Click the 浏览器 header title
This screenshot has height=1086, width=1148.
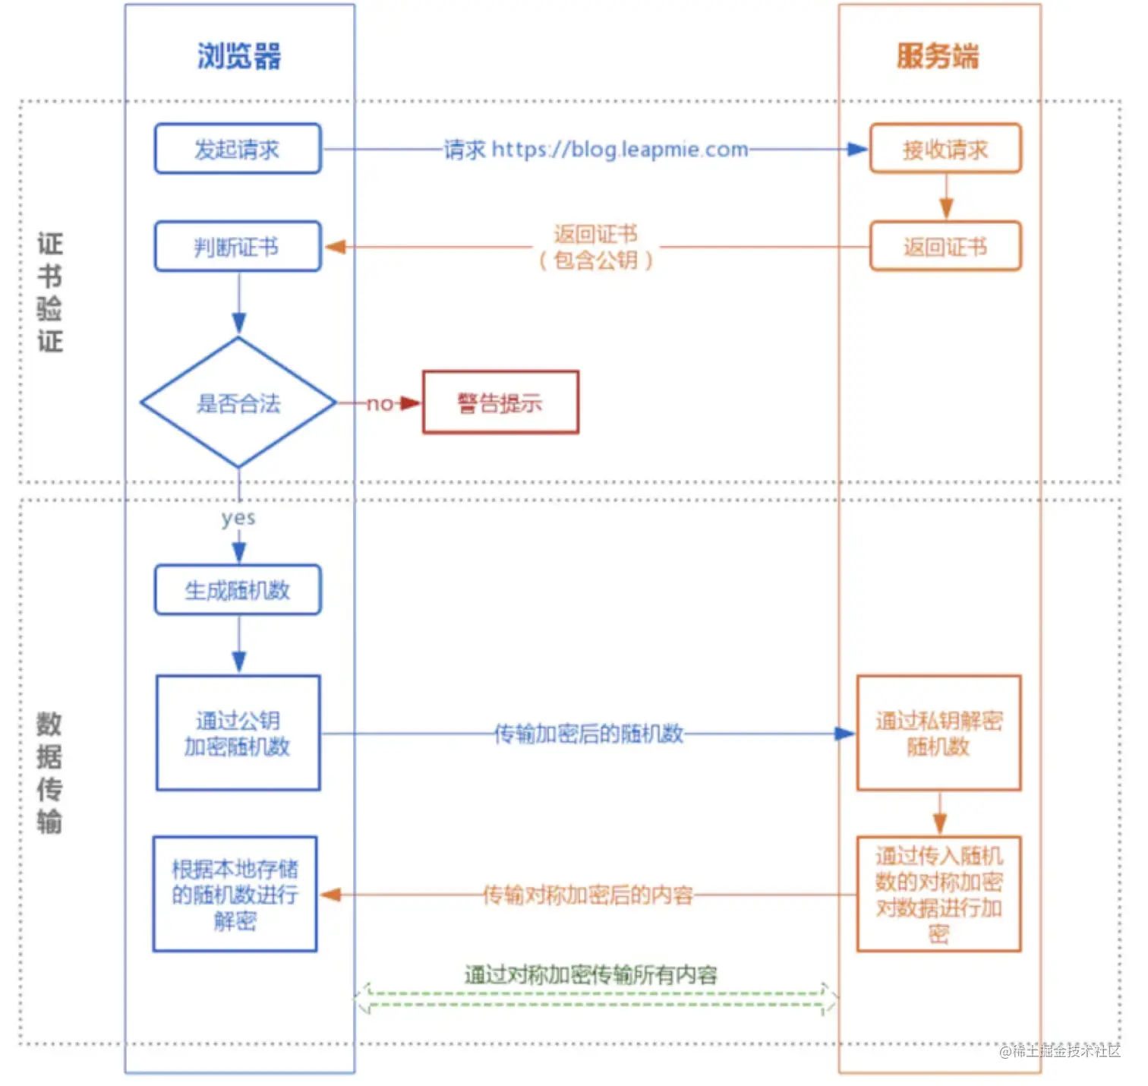239,57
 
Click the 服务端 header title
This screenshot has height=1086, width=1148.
938,57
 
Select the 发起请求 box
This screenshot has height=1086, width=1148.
238,149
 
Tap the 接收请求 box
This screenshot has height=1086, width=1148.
945,149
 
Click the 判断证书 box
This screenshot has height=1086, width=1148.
238,246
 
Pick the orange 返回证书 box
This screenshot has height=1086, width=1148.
945,246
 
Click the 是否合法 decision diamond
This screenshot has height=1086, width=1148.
238,403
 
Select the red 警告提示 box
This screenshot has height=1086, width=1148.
500,403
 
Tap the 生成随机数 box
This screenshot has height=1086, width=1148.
238,589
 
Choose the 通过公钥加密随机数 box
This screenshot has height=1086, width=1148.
238,733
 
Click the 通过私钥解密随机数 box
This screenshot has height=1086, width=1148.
939,733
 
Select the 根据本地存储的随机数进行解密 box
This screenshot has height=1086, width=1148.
235,894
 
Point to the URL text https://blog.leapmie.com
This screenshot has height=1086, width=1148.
620,150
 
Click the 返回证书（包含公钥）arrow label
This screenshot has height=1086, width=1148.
596,247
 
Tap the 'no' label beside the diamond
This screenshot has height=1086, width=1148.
380,403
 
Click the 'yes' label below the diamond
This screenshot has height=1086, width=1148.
238,519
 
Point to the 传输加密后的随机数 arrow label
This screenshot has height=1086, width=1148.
588,734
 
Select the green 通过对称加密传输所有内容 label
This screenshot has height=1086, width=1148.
591,974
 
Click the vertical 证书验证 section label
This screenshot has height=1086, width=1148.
50,292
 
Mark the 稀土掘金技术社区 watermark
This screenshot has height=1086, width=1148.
1060,1051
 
